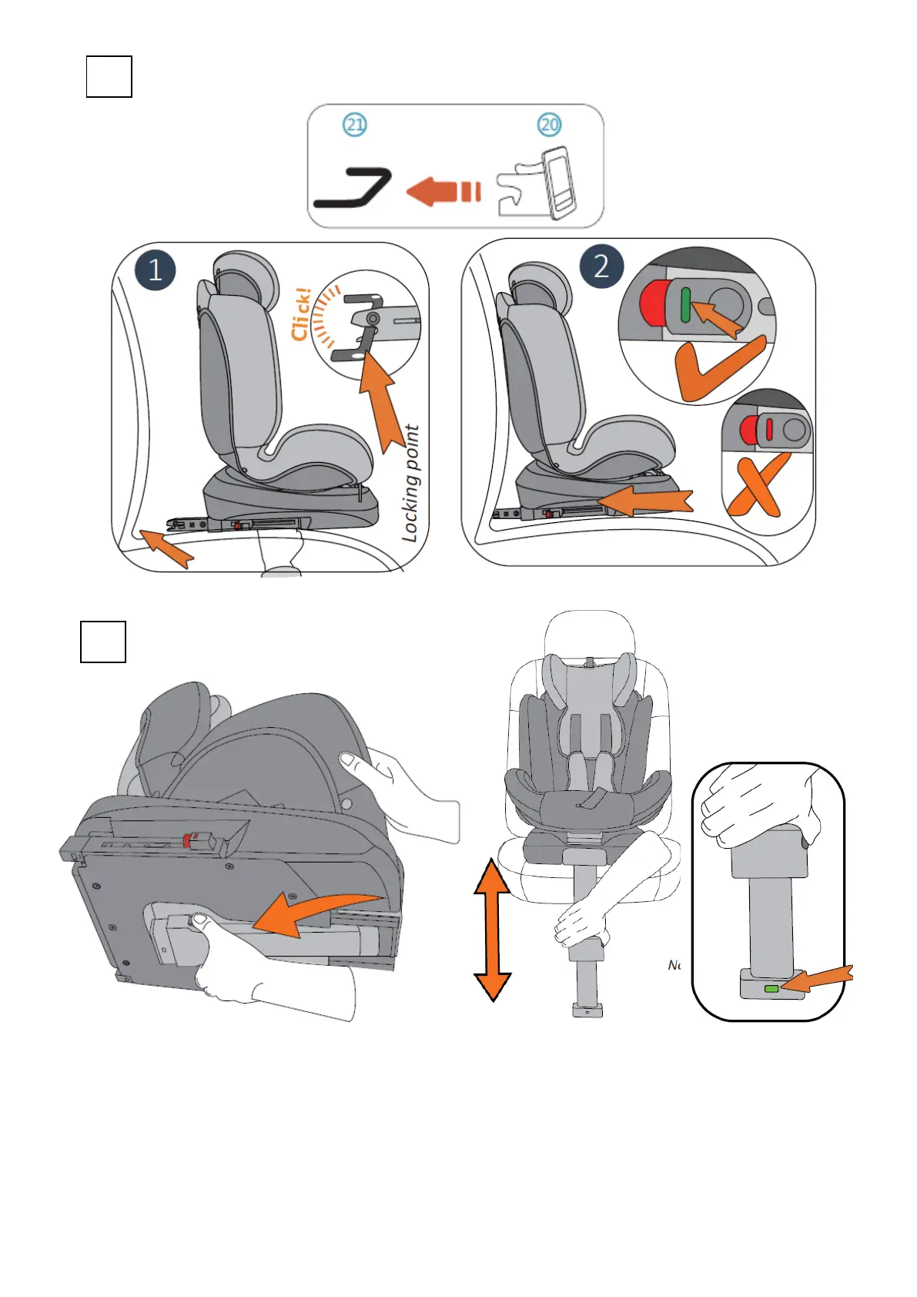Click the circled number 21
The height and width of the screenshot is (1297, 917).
(x=354, y=125)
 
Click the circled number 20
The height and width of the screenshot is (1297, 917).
(x=549, y=125)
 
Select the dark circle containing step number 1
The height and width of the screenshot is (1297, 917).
(x=155, y=270)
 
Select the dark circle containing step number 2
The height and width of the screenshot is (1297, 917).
(x=601, y=266)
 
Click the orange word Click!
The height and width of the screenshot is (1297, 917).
(x=302, y=314)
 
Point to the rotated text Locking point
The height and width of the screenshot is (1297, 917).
(x=412, y=484)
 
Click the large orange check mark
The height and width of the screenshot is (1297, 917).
(x=715, y=369)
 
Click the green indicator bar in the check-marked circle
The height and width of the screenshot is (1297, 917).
(x=685, y=304)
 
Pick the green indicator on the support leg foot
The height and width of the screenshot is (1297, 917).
(x=771, y=988)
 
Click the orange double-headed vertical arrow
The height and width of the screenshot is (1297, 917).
(x=493, y=930)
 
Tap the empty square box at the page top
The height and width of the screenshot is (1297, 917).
(x=109, y=76)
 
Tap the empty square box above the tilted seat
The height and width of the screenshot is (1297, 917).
(x=103, y=642)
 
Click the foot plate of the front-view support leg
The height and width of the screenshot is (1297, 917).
(x=587, y=1010)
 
